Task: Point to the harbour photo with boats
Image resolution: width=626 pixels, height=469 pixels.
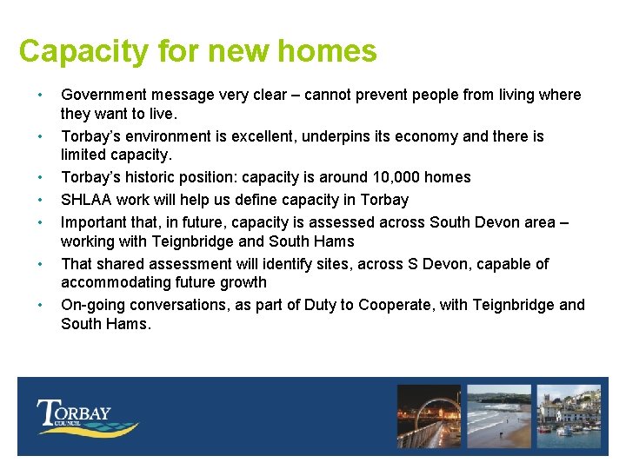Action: coord(569,415)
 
